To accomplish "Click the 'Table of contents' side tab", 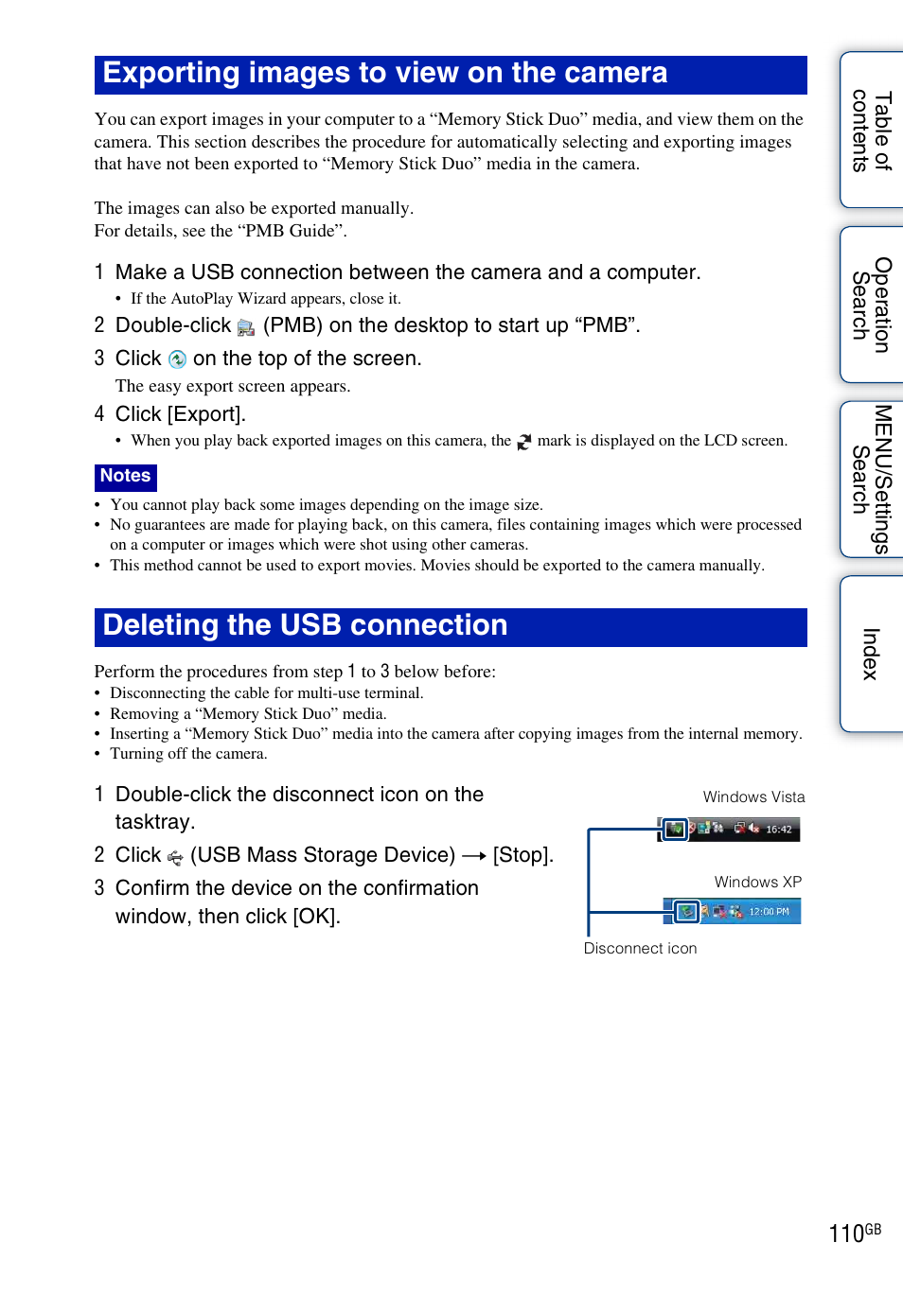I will (x=872, y=131).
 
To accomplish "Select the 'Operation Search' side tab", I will (x=872, y=305).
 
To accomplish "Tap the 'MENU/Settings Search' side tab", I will (x=872, y=479).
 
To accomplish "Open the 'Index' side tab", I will (x=872, y=654).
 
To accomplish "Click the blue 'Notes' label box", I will (x=126, y=476).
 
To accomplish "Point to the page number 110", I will (x=846, y=1234).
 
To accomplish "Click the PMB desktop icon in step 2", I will (x=246, y=327).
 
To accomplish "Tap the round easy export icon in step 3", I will (x=177, y=359).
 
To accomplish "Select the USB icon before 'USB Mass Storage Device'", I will (x=175, y=857).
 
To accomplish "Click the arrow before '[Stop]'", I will (x=474, y=856).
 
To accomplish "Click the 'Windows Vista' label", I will (x=753, y=797).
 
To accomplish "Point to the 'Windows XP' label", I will (x=757, y=883).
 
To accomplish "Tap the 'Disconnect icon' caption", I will (x=640, y=949).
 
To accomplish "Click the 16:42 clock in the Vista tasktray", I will (x=779, y=830).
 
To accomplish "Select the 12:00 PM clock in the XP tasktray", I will (x=769, y=912).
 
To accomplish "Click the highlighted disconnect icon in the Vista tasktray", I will (x=675, y=830).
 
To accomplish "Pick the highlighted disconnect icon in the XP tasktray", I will (x=686, y=912).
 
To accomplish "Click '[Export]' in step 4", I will (x=206, y=414).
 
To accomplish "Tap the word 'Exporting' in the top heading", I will (x=170, y=73).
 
